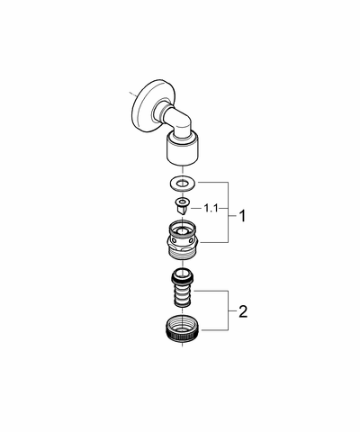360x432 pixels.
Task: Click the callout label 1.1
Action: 211,208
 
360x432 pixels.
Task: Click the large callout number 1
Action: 242,216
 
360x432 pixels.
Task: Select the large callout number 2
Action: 243,311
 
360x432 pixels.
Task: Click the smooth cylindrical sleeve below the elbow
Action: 183,150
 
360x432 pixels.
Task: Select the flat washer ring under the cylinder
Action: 183,183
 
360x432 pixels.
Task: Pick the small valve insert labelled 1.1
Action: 182,206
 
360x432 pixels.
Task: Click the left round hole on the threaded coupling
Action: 174,239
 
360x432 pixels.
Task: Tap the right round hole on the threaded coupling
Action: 192,239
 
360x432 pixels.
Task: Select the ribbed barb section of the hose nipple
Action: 183,294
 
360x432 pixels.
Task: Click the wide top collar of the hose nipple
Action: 183,276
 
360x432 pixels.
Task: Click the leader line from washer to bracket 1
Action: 212,182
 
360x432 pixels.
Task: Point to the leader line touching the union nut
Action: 214,330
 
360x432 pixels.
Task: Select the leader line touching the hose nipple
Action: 211,291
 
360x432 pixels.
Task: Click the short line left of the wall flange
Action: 132,94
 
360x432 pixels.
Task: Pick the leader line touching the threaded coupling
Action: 214,242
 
